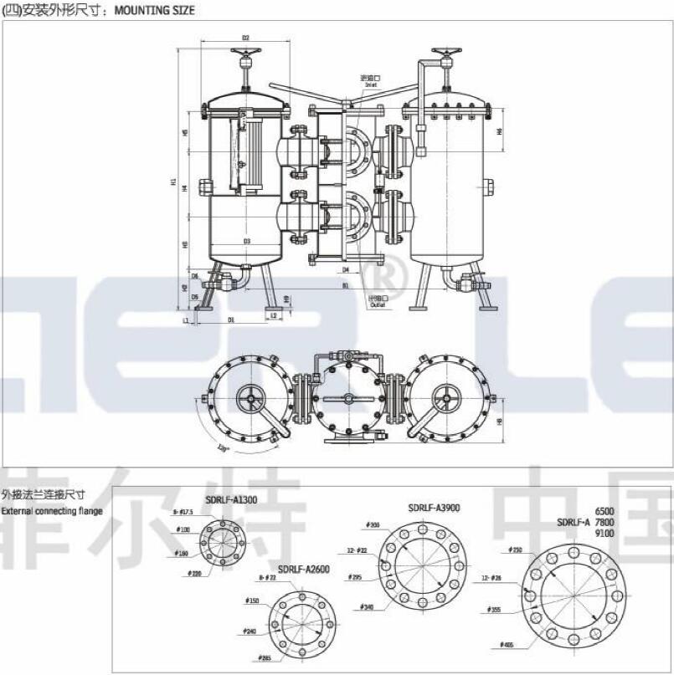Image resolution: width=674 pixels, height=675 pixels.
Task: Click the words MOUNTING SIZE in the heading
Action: [x=154, y=11]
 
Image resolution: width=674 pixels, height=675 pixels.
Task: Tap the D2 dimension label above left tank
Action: [x=246, y=38]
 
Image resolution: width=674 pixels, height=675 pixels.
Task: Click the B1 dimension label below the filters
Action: [x=345, y=285]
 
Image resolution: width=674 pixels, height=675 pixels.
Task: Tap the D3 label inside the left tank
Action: [x=247, y=241]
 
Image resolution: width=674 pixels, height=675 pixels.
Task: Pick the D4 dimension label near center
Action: [x=345, y=269]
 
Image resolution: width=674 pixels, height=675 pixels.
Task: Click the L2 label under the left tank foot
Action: [x=274, y=315]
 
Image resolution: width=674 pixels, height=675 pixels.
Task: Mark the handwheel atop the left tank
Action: [x=246, y=59]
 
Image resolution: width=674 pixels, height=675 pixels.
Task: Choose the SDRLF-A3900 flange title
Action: [x=434, y=507]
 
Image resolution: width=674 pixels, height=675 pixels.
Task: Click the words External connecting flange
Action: [x=51, y=510]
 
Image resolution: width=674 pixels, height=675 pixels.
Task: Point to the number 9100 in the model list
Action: [x=605, y=533]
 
